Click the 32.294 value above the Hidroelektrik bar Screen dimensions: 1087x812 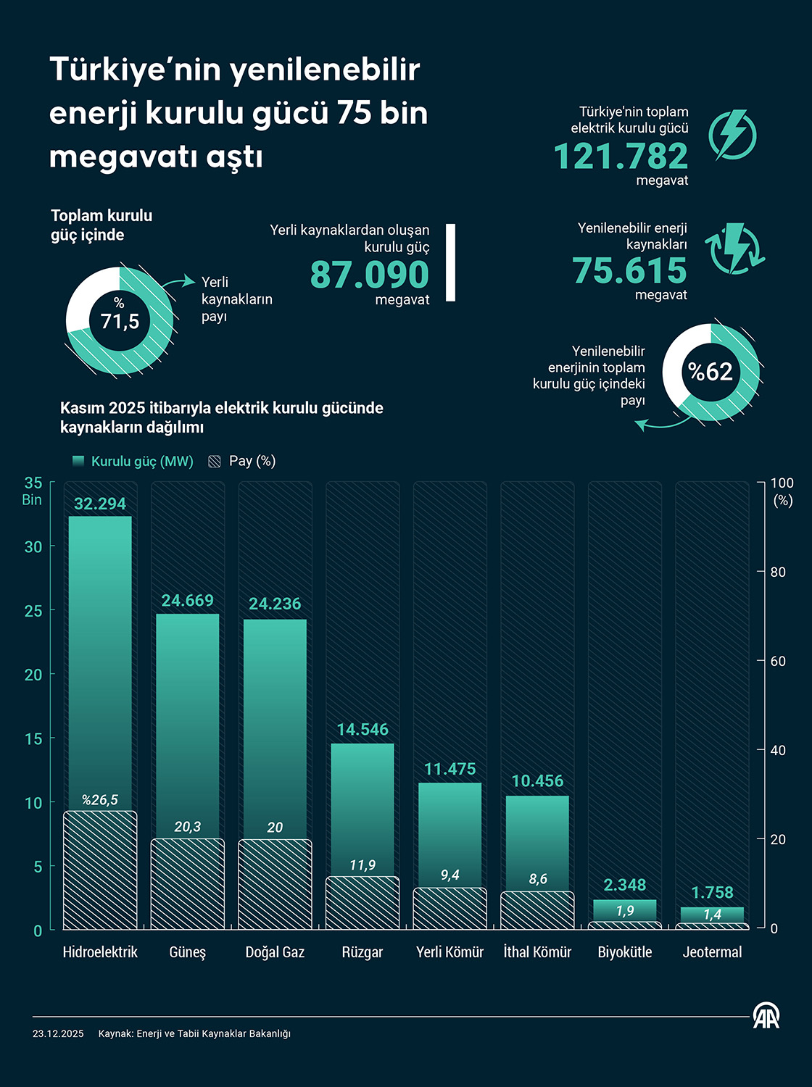[100, 504]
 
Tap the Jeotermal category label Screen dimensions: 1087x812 [712, 952]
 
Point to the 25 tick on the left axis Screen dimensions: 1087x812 [33, 611]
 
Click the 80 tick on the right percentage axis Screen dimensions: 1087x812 [778, 572]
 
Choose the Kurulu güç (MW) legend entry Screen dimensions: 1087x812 [134, 462]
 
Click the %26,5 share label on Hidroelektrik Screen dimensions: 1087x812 [100, 800]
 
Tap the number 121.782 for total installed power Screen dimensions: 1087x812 [621, 157]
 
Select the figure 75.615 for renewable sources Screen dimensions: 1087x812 [629, 271]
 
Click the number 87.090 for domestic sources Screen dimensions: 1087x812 [370, 275]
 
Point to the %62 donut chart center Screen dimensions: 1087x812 [710, 372]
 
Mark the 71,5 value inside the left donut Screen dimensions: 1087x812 [120, 321]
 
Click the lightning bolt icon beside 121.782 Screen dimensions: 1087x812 [732, 135]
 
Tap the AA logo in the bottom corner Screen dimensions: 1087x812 [766, 1016]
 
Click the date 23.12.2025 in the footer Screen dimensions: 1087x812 [58, 1034]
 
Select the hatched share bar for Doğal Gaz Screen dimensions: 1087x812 [275, 884]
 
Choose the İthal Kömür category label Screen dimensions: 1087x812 [537, 952]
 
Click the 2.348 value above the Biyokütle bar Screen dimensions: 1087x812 [625, 885]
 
